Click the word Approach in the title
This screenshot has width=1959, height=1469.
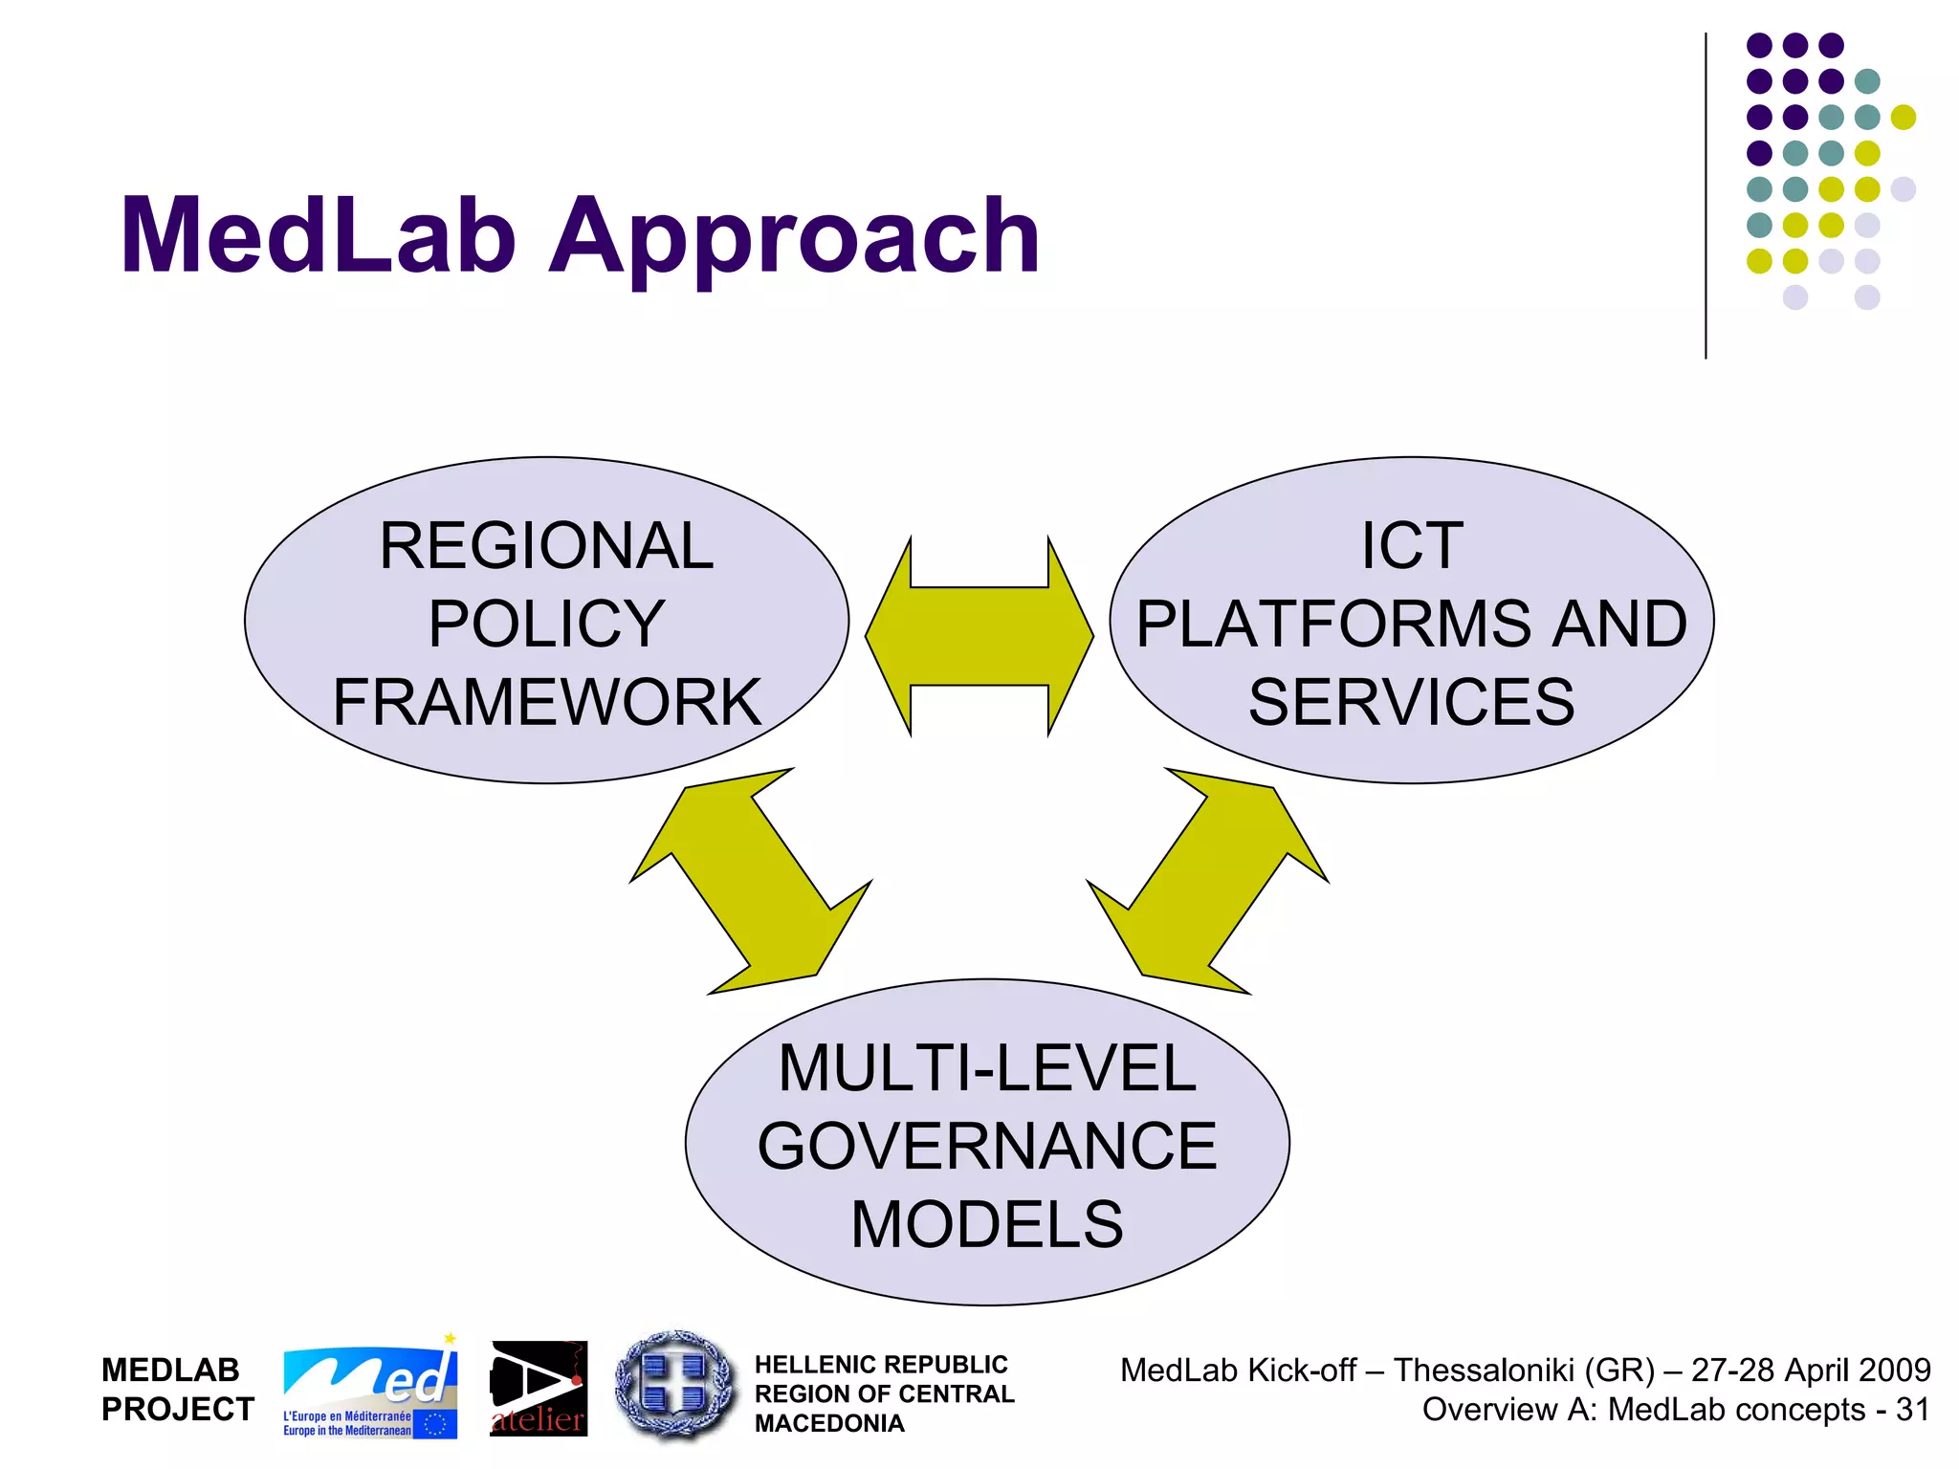(x=793, y=239)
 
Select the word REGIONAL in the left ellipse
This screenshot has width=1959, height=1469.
(x=546, y=547)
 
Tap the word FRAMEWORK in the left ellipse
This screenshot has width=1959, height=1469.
(x=546, y=703)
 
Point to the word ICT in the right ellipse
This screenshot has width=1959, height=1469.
(x=1412, y=547)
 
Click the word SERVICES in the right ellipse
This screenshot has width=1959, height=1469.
(x=1411, y=703)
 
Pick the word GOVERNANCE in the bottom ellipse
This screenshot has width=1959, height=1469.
(x=986, y=1147)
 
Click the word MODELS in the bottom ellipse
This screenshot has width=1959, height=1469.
(x=986, y=1225)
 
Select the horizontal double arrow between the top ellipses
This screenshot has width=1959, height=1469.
(x=979, y=636)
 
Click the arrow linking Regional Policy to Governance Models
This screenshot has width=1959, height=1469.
(x=751, y=881)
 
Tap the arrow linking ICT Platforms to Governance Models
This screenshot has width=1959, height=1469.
(x=1207, y=881)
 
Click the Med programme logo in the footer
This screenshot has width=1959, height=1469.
(x=369, y=1388)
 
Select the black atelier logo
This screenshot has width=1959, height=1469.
(x=539, y=1389)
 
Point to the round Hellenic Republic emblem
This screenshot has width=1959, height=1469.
(x=675, y=1386)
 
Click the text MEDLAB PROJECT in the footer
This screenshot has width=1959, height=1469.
(x=177, y=1390)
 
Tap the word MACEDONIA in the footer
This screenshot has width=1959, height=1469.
(x=829, y=1424)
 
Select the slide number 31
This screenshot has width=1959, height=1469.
(x=1911, y=1410)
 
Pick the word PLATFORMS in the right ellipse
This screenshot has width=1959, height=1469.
(x=1340, y=625)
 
